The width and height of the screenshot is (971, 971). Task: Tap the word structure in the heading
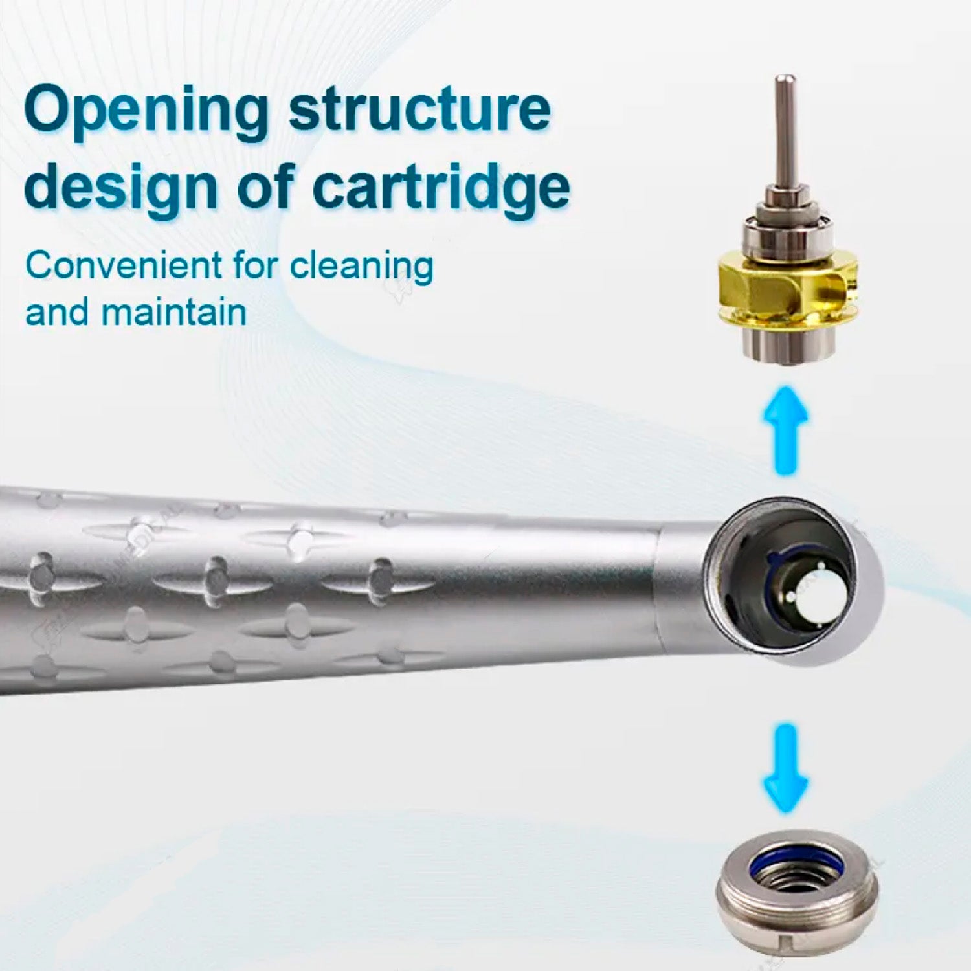click(x=419, y=110)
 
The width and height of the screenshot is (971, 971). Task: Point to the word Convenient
click(x=124, y=265)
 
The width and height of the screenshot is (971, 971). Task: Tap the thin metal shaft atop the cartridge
click(x=785, y=129)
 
